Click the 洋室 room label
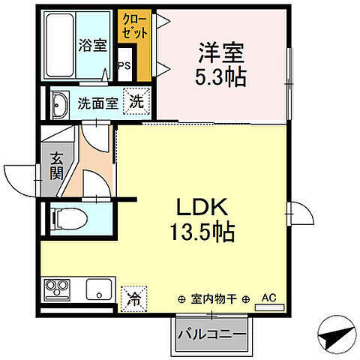point(223,53)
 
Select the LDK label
point(202,208)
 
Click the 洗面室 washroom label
point(97,103)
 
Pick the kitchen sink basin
point(97,288)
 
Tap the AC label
point(268,297)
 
